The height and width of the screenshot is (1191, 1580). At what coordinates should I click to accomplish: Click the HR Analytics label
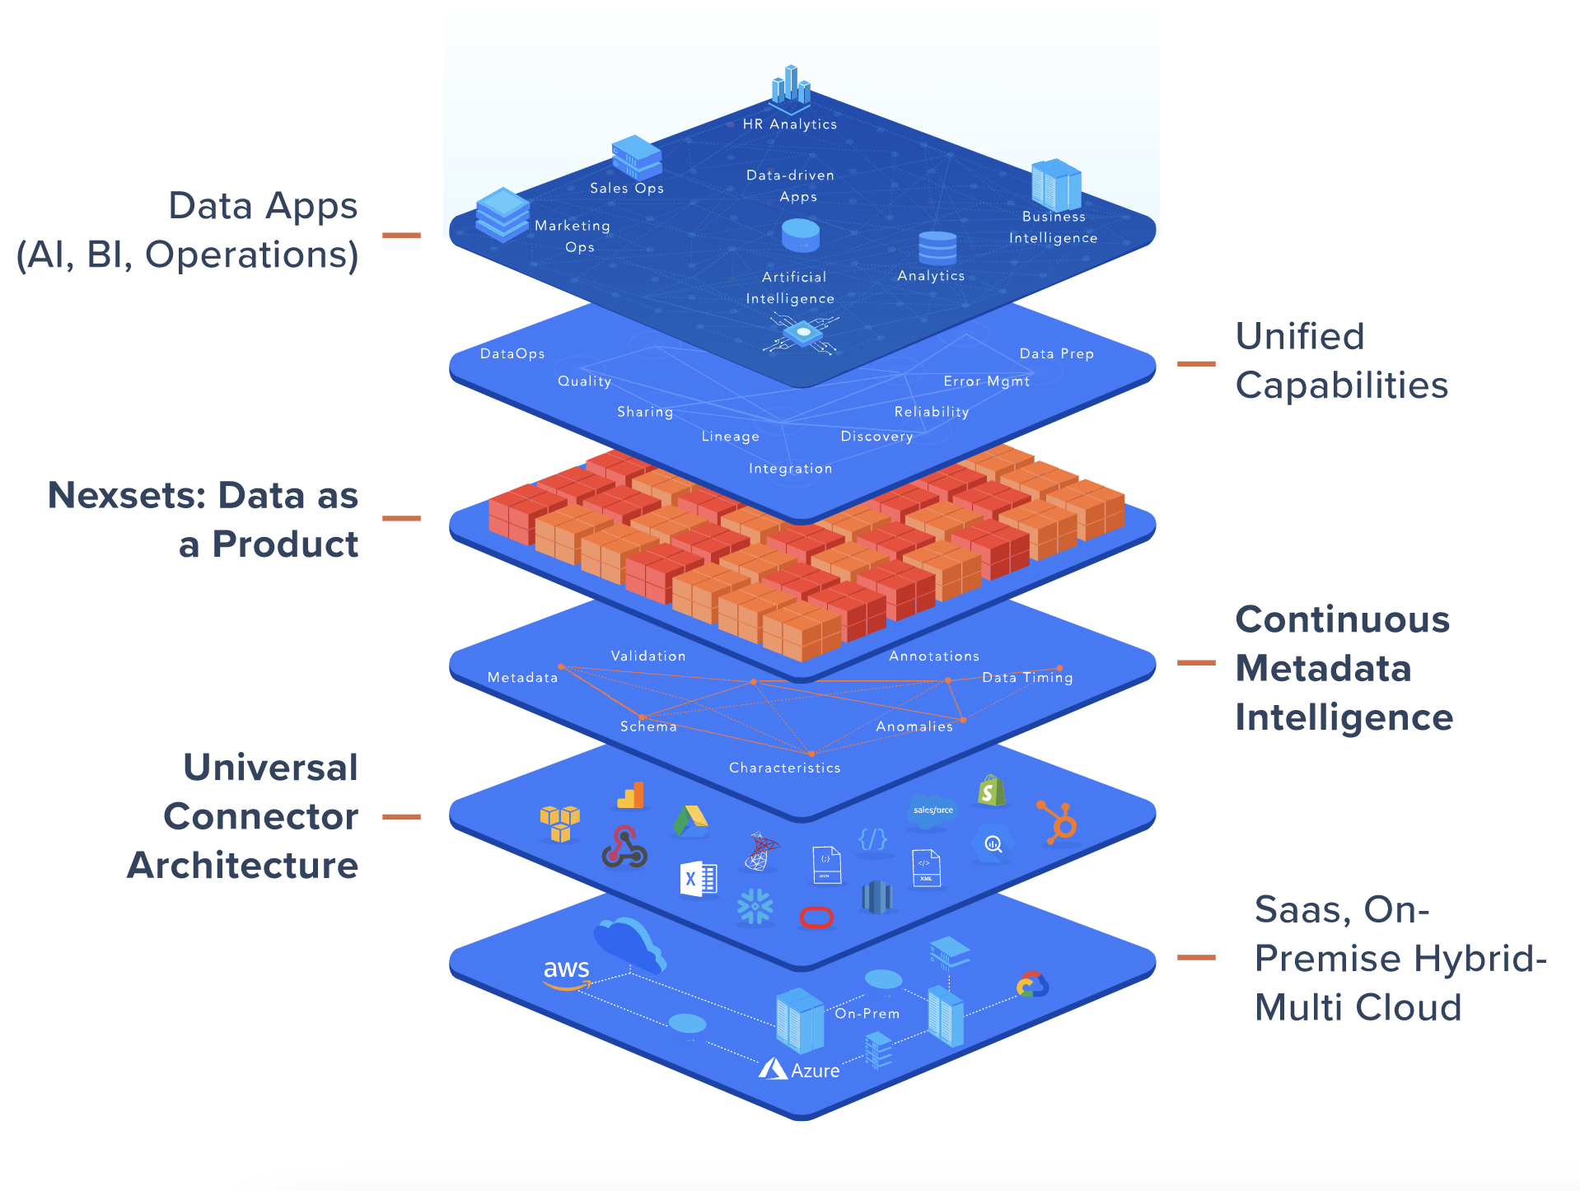coord(789,124)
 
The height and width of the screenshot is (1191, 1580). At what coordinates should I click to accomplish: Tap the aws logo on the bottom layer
coord(567,972)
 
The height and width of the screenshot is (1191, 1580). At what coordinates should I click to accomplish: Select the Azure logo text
coord(799,1070)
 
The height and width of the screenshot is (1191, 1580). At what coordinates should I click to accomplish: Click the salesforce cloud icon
coord(933,810)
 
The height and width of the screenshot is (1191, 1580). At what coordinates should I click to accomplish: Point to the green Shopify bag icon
coord(992,791)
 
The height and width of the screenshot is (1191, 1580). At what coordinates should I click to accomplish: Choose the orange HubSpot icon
coord(1058,823)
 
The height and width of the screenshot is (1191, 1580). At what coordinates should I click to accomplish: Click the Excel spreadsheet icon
coord(698,879)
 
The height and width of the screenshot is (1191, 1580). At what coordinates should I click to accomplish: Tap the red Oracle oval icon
coord(816,917)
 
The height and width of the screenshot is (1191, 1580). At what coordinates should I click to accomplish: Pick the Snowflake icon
coord(755,907)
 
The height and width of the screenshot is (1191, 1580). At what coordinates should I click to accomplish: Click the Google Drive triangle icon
coord(690,822)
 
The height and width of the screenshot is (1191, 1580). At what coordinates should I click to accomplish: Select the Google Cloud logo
coord(1032,984)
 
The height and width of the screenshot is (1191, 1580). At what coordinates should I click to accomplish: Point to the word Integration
coord(790,469)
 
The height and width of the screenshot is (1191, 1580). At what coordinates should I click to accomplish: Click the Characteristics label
coord(784,768)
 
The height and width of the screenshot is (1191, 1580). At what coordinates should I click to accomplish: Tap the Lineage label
coord(730,437)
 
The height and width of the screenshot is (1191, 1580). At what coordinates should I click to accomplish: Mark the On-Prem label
coord(867,1014)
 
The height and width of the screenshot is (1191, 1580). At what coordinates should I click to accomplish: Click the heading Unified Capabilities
coord(1341,361)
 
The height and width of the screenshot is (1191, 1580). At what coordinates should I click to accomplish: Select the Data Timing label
coord(1027,678)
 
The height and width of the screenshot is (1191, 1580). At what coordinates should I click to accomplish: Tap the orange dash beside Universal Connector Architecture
coord(401,817)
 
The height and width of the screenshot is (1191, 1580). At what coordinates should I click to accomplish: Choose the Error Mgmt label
coord(986,381)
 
